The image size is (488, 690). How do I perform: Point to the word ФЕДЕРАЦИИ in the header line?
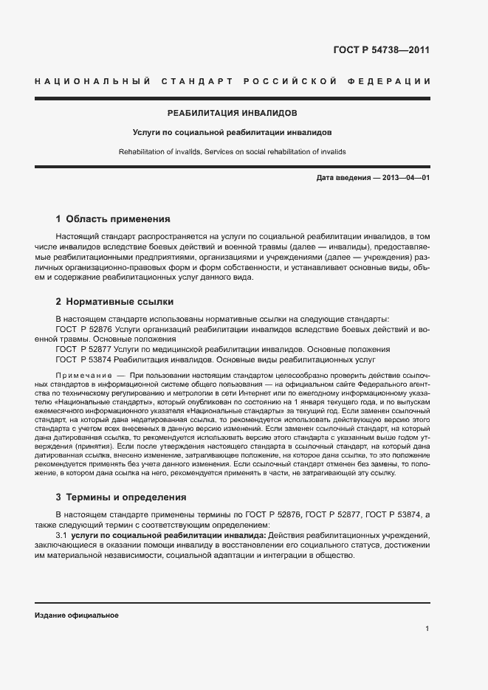click(395, 80)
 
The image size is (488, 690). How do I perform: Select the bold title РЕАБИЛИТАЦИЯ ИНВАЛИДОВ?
click(233, 114)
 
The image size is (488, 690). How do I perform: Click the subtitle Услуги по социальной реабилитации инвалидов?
click(232, 133)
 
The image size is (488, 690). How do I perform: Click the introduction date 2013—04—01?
click(405, 179)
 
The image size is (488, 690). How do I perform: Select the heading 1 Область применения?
click(113, 219)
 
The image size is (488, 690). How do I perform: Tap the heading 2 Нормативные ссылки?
click(114, 302)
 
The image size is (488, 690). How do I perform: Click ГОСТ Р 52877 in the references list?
click(83, 349)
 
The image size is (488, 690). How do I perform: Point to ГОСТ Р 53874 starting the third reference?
click(83, 359)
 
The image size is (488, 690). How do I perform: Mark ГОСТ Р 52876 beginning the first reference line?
click(83, 329)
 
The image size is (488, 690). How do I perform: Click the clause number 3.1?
click(62, 534)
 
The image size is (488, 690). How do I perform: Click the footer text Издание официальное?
click(77, 615)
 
